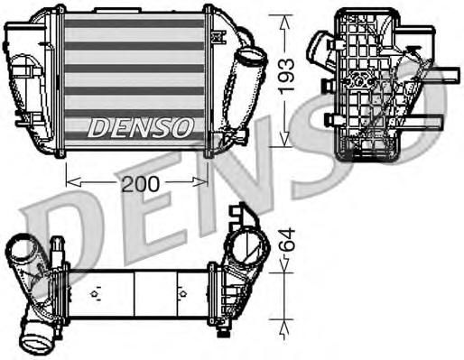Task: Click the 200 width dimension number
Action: tap(141, 183)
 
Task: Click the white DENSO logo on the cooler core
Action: tap(140, 126)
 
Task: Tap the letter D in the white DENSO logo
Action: tap(97, 126)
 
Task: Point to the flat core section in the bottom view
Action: tap(135, 294)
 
